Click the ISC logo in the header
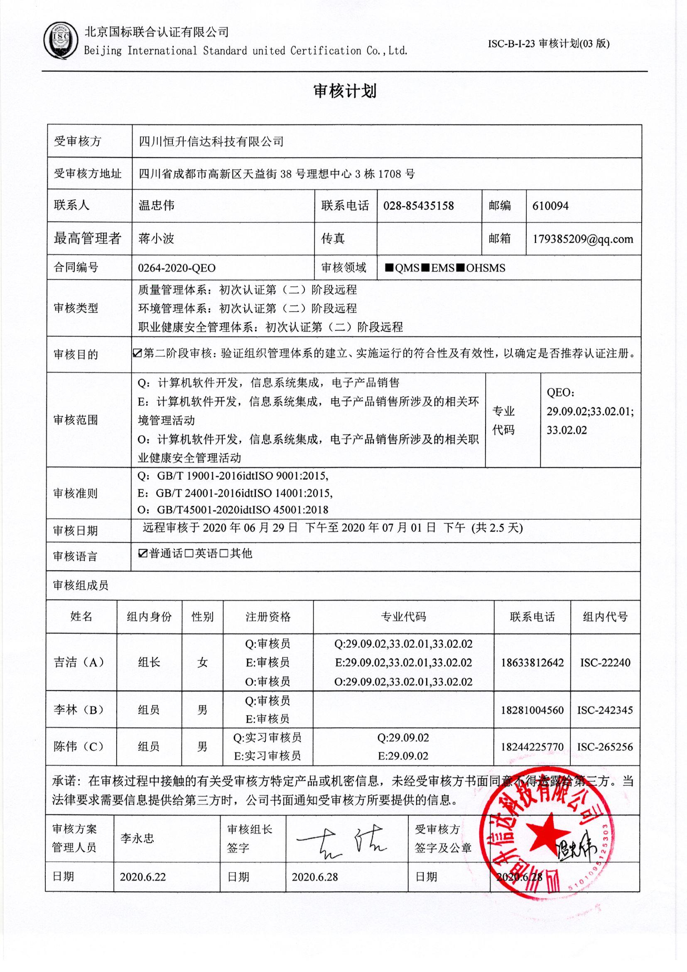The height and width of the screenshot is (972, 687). [61, 41]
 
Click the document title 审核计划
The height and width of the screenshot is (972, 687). [345, 91]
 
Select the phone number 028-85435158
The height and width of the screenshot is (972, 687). [418, 206]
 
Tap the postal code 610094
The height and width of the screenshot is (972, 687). [550, 206]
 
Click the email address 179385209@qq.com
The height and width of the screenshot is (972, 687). [583, 239]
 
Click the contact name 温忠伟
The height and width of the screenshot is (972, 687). [157, 206]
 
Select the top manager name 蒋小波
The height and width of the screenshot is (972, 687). [156, 239]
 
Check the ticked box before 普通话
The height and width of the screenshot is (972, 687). [143, 554]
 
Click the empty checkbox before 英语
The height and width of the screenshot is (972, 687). [189, 554]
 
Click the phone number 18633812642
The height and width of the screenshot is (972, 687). [532, 663]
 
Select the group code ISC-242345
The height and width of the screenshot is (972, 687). [605, 710]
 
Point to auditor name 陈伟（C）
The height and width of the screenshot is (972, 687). [79, 746]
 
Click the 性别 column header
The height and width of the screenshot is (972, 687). [202, 617]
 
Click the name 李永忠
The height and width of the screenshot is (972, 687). [137, 838]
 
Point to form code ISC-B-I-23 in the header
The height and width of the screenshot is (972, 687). [512, 44]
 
